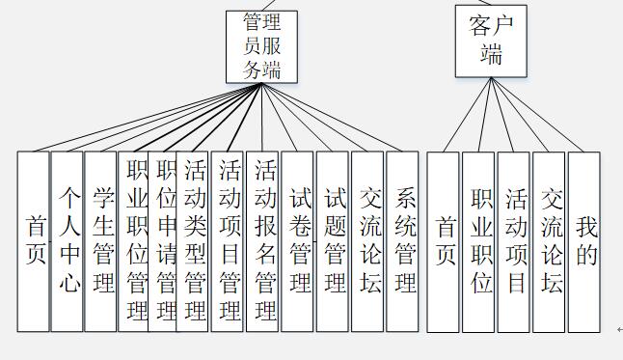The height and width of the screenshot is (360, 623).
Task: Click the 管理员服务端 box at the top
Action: click(x=261, y=45)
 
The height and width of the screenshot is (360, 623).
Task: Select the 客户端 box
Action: click(x=492, y=41)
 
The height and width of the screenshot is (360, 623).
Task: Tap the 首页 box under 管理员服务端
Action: click(x=33, y=241)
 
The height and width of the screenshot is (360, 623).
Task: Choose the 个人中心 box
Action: click(x=67, y=241)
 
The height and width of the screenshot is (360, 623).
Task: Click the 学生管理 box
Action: click(x=100, y=241)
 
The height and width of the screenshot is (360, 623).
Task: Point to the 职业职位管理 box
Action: click(x=133, y=241)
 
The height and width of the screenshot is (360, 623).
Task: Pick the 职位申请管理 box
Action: click(x=164, y=241)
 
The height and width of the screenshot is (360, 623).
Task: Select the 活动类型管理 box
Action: click(x=194, y=241)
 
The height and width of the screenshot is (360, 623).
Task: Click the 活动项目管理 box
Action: click(x=229, y=241)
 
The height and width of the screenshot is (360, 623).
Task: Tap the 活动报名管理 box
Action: click(x=263, y=241)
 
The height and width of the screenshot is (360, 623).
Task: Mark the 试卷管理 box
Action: click(x=298, y=241)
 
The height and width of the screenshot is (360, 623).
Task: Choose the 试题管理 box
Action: click(x=333, y=241)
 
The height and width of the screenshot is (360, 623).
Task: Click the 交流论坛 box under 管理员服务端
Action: click(x=367, y=241)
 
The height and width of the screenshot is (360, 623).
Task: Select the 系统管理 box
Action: click(x=403, y=241)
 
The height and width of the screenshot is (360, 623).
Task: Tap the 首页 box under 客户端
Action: click(x=444, y=241)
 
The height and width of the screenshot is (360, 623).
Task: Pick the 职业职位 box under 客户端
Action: click(x=479, y=241)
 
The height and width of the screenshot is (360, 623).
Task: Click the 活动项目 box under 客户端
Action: click(x=514, y=241)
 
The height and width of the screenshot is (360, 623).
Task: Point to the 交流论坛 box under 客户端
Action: click(x=549, y=241)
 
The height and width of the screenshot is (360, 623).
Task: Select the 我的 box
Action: click(x=584, y=241)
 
